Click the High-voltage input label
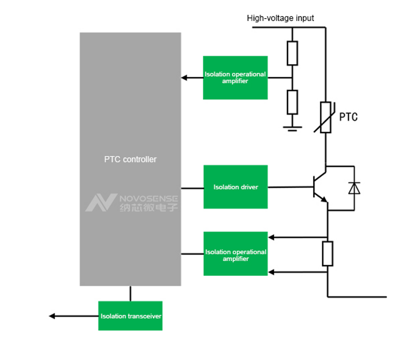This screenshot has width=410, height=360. click(280, 18)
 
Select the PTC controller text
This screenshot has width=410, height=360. click(130, 159)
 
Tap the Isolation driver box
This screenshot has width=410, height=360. click(236, 187)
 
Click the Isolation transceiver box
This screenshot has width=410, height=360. click(130, 316)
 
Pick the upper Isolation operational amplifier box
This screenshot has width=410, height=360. click(235, 78)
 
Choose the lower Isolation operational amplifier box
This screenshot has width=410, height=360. click(236, 253)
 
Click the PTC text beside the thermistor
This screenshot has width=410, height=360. click(348, 117)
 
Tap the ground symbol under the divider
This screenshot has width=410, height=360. click(293, 128)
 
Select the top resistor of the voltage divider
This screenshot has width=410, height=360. click(293, 53)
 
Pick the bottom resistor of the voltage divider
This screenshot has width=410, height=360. click(293, 102)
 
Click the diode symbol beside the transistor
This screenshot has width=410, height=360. click(354, 188)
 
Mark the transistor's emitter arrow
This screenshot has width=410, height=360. click(324, 199)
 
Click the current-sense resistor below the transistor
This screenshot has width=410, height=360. click(328, 253)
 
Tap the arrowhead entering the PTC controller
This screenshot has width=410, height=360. click(184, 78)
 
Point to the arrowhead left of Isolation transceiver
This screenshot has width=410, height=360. click(52, 316)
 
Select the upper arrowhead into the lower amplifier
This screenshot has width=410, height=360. click(271, 237)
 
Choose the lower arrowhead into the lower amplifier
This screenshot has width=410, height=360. click(271, 272)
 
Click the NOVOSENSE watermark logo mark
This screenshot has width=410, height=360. click(101, 202)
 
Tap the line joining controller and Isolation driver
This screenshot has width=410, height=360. click(192, 188)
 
